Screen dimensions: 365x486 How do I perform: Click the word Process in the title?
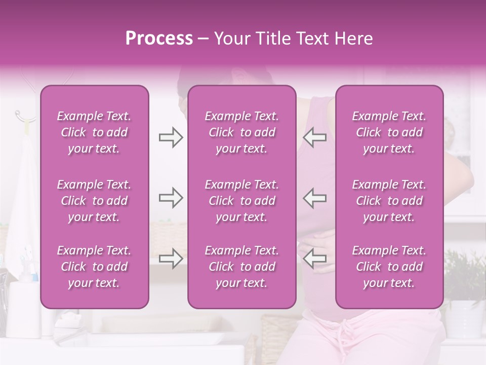[x=159, y=39]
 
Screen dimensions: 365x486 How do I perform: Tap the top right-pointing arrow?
[x=171, y=137]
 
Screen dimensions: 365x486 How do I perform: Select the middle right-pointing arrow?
[x=171, y=198]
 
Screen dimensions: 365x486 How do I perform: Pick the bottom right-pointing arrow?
[x=171, y=259]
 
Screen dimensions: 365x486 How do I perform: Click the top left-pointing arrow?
[x=315, y=137]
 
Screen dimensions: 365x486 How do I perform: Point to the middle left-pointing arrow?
[x=315, y=198]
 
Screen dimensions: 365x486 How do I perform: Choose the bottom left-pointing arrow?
[x=315, y=259]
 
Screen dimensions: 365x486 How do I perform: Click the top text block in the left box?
[x=94, y=132]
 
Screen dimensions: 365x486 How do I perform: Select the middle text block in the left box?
[x=94, y=201]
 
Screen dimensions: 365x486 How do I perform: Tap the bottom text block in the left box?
[x=94, y=267]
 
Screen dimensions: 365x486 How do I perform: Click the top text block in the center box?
[x=242, y=132]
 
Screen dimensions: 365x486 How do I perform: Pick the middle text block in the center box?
[x=242, y=201]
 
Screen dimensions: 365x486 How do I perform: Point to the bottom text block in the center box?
[x=242, y=267]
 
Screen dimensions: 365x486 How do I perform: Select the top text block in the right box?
[x=389, y=132]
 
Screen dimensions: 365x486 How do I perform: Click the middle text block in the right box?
[x=389, y=201]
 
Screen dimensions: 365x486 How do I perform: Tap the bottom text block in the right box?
[x=389, y=267]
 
